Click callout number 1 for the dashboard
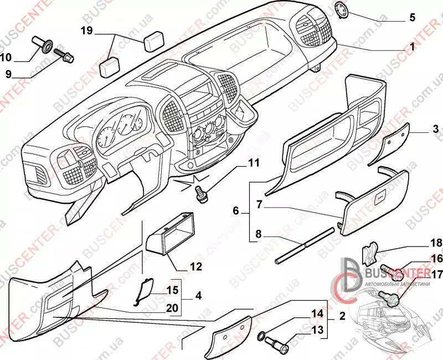click(411, 48)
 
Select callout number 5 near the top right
click(411, 18)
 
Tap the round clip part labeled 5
click(342, 11)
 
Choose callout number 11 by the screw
click(253, 162)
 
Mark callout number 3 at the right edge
click(436, 129)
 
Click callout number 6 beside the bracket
click(236, 211)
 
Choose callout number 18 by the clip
click(436, 243)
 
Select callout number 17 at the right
click(436, 273)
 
